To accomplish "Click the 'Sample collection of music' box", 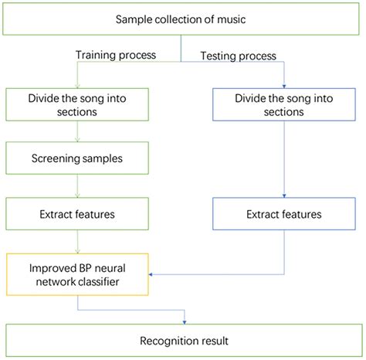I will [x=182, y=19].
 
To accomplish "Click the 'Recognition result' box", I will [x=182, y=341].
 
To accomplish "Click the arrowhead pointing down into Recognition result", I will [x=183, y=320].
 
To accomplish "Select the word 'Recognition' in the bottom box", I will [x=165, y=341].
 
